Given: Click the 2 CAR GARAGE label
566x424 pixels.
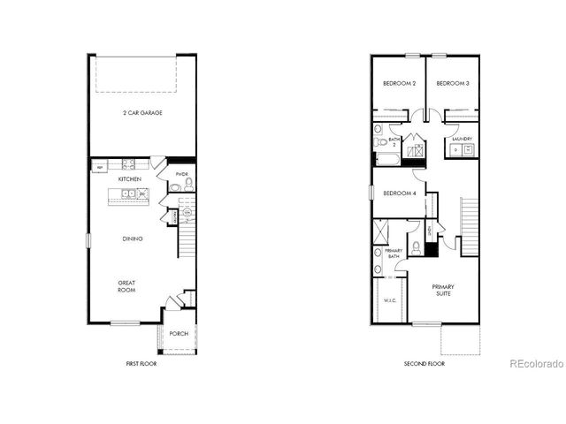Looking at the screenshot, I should [141, 113].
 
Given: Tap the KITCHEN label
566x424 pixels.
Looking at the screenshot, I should [131, 179].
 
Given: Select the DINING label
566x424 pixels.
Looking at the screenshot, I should [133, 238].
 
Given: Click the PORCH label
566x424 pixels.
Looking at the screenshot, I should [179, 334].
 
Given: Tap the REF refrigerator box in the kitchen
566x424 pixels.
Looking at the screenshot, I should [100, 167].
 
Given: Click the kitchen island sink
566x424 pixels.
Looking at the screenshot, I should [127, 193].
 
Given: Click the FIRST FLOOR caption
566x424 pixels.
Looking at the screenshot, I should [141, 364].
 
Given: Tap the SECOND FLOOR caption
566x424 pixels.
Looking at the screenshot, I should [424, 364].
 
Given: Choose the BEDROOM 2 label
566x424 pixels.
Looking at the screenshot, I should [399, 84].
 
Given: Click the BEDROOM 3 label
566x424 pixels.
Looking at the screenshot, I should [452, 84].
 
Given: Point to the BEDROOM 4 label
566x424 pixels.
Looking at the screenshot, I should [400, 193].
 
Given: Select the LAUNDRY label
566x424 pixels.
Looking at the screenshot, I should [462, 139].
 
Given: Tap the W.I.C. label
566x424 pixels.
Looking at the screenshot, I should [388, 301].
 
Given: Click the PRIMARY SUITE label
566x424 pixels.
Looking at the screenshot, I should [443, 291].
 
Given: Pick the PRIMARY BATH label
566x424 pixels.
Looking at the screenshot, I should [394, 254].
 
